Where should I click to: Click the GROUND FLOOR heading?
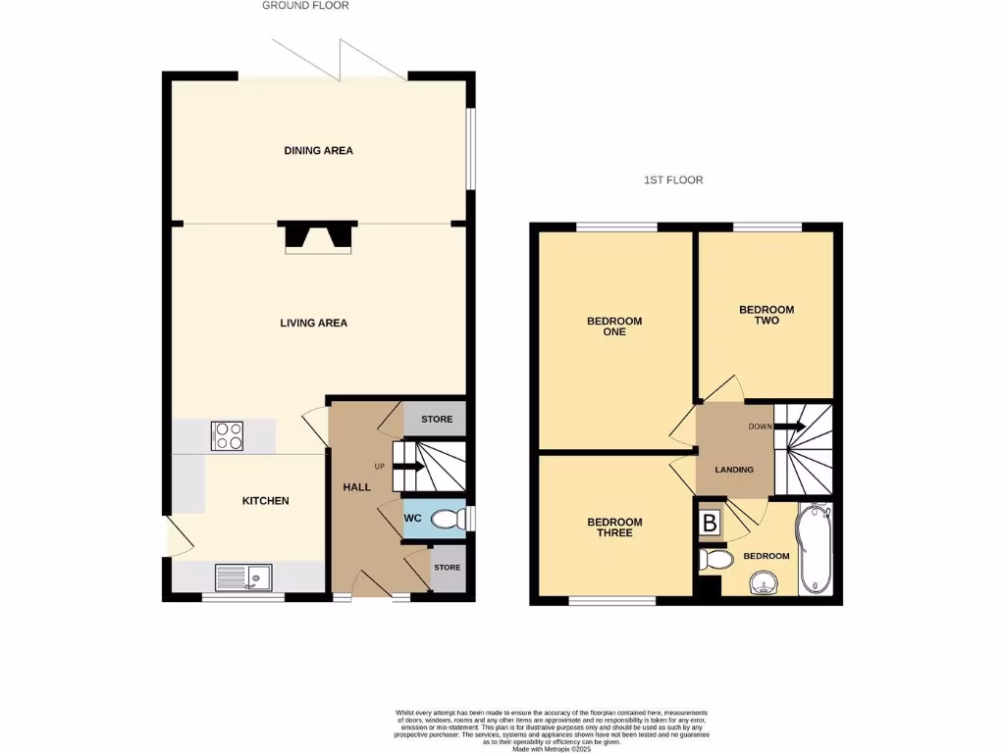tap(305, 6)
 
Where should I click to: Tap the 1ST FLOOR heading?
tap(673, 180)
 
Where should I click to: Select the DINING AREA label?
tap(318, 151)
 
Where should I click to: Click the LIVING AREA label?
tap(314, 323)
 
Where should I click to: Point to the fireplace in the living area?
tap(317, 238)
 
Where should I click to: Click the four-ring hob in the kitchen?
tap(228, 436)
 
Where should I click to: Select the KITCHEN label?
tap(266, 501)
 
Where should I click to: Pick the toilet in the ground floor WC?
tap(449, 519)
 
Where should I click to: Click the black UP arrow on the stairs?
tap(408, 467)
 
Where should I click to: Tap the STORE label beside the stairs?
tap(437, 420)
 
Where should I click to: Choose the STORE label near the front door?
tap(448, 568)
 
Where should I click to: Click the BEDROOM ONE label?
tap(614, 326)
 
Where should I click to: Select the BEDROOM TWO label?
tap(767, 315)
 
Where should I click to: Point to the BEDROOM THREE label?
tap(614, 527)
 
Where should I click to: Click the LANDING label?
tap(734, 470)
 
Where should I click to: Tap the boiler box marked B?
tap(710, 524)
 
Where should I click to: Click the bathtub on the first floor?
tap(815, 549)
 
